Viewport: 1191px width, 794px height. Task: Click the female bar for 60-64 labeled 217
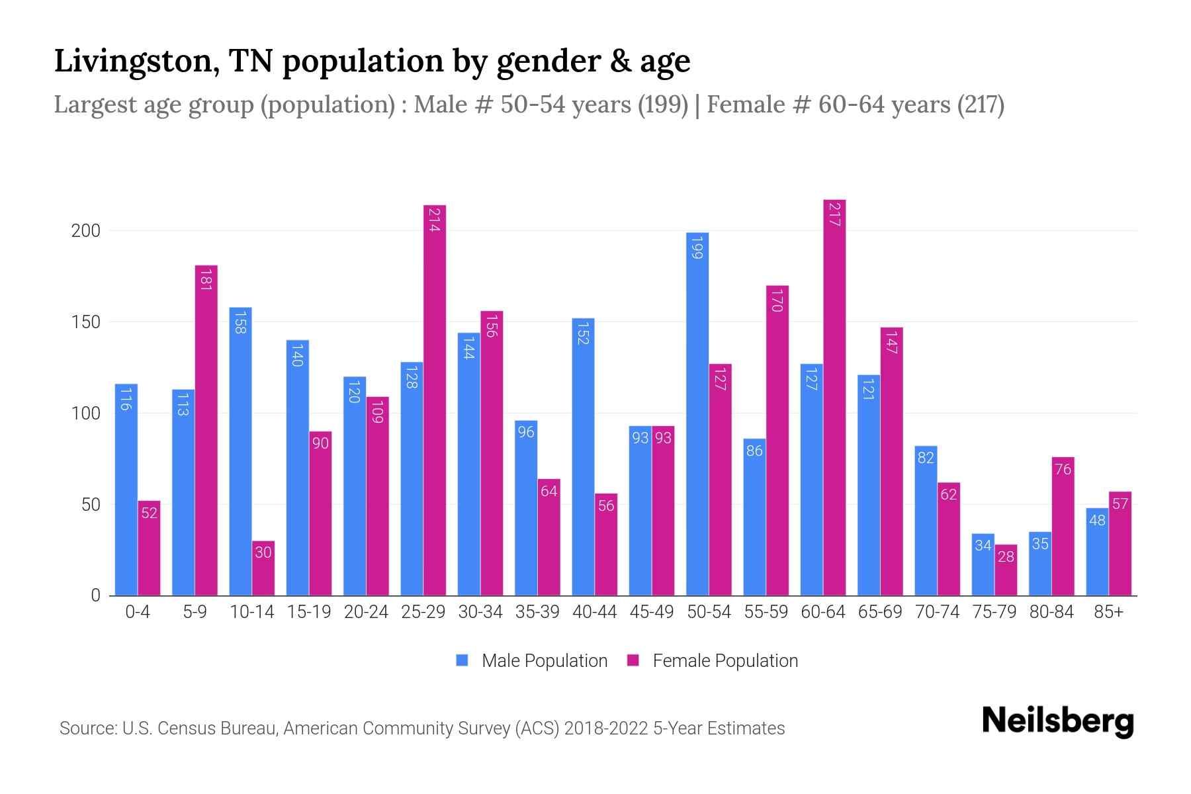tap(834, 397)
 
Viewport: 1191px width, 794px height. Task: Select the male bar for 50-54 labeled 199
tap(697, 414)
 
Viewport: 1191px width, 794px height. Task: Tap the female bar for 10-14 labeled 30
tap(263, 568)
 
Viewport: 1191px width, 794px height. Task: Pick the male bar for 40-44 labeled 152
tap(583, 457)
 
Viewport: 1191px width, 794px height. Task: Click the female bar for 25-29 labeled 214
tap(435, 400)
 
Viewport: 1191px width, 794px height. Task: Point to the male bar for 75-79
tap(983, 564)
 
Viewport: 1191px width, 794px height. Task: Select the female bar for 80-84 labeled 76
tap(1063, 526)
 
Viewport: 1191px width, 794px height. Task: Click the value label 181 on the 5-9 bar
tap(206, 279)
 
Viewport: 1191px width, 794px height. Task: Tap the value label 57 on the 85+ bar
tap(1120, 504)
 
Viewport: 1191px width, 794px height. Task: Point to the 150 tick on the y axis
tap(86, 322)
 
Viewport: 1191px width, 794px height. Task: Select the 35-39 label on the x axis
tap(537, 612)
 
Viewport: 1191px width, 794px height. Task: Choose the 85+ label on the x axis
tap(1108, 612)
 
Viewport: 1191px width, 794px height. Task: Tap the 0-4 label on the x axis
tap(138, 612)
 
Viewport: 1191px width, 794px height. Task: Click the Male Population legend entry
tap(544, 661)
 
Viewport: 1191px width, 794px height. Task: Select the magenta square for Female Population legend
tap(633, 660)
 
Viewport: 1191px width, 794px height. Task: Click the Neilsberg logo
tap(1057, 721)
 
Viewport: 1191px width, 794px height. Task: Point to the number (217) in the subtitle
tap(981, 105)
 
